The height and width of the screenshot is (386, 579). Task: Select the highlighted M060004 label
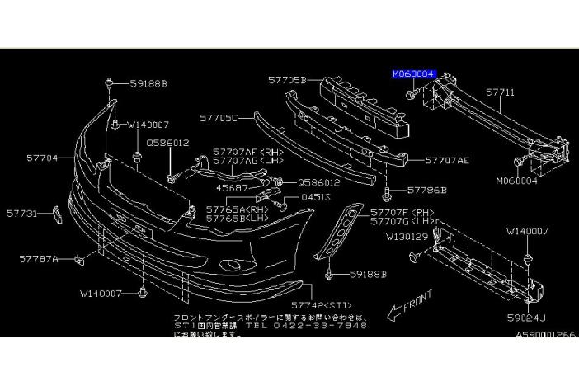415,73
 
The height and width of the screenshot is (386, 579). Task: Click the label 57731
22,213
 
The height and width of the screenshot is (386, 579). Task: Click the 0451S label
315,198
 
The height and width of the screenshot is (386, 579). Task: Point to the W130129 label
407,237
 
